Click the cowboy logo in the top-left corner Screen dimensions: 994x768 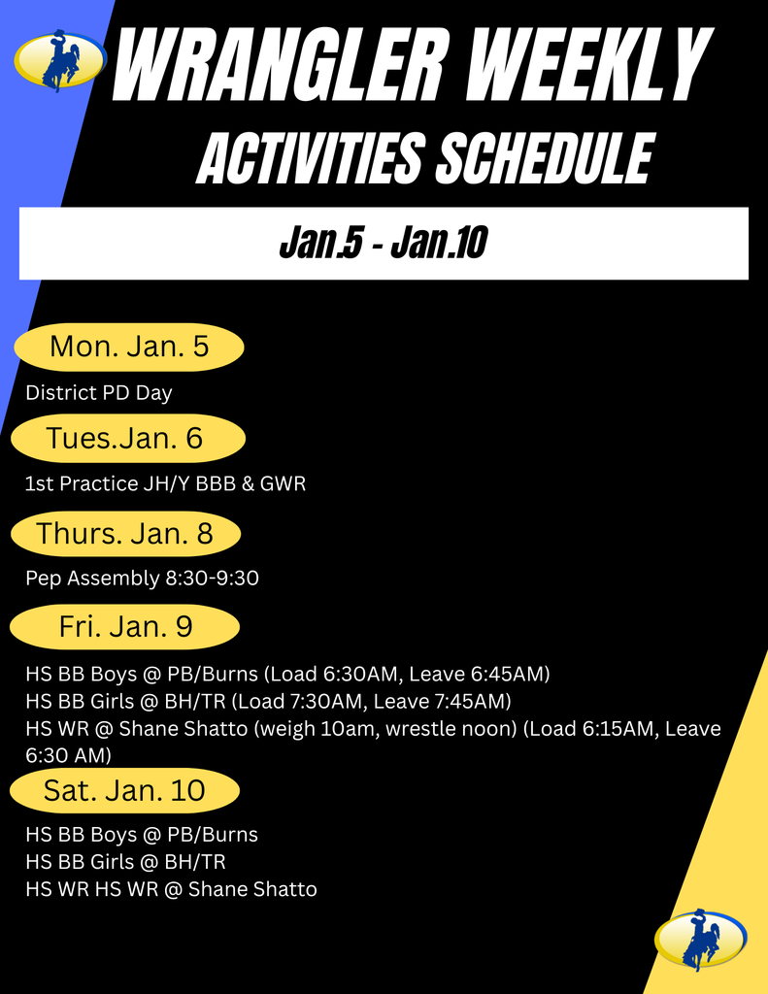[60, 60]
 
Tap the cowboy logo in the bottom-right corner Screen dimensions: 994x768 [701, 939]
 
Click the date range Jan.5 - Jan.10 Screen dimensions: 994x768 [383, 244]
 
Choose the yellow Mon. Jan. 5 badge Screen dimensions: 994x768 [129, 347]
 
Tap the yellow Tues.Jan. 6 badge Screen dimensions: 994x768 [125, 438]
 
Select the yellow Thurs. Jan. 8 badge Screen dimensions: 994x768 [124, 533]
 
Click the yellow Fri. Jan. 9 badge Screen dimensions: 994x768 [125, 626]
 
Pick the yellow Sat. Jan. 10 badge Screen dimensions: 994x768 [124, 790]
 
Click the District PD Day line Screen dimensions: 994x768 [99, 393]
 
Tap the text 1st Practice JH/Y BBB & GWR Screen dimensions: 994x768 [165, 483]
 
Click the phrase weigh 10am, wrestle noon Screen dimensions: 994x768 [385, 728]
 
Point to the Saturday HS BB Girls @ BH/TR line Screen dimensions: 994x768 [125, 861]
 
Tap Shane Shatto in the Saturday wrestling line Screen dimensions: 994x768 [252, 888]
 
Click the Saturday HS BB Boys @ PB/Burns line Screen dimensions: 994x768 [142, 834]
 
